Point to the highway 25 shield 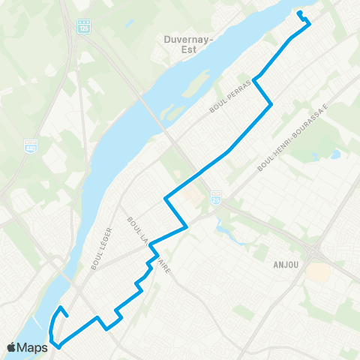tap(215, 195)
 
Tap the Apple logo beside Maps tap(12, 347)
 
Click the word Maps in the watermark tap(33, 347)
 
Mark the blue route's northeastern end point tap(298, 13)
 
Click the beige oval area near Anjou tap(318, 272)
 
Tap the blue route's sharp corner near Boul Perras tap(255, 79)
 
